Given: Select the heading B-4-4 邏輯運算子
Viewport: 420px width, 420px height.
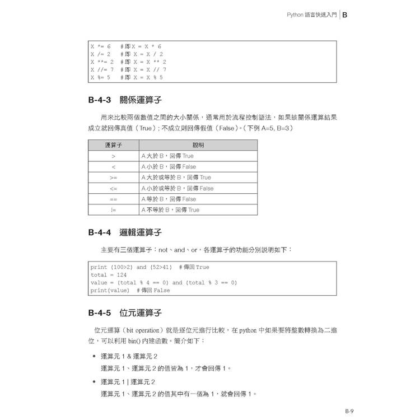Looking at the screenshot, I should tap(125, 232).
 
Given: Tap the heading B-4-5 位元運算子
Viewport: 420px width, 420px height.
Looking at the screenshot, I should tap(125, 312).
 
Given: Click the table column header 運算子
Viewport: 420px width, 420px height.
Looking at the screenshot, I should tap(113, 146).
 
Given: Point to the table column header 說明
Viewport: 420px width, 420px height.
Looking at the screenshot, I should tap(198, 146).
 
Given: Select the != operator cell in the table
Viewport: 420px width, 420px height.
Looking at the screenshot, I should tap(113, 210).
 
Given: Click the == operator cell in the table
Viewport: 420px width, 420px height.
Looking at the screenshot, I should tap(113, 199).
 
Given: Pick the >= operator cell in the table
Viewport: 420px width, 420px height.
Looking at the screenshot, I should tap(113, 178).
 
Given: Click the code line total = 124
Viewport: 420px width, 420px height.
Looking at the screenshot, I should tap(109, 275).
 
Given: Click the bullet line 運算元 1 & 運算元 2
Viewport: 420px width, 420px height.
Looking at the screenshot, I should tap(129, 356).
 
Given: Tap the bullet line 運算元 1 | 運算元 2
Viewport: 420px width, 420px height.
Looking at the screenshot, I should tap(128, 381).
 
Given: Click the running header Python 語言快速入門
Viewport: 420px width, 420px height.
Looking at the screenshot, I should tap(309, 17).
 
